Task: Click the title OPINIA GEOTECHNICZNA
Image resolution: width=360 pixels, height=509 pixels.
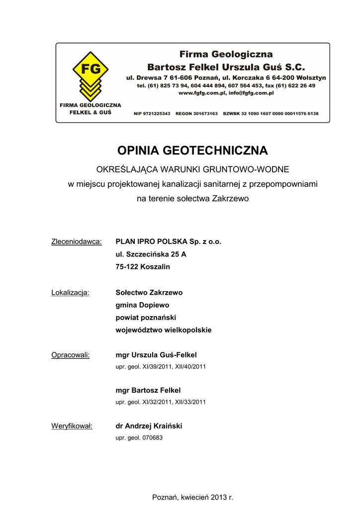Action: (192, 150)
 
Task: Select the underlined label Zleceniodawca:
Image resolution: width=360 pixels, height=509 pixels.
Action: (77, 242)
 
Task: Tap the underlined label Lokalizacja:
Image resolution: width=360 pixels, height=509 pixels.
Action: (71, 292)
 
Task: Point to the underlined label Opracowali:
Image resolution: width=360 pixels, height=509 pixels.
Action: (71, 355)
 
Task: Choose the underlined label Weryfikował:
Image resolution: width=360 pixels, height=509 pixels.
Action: (72, 426)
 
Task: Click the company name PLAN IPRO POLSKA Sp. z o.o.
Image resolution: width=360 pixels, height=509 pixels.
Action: (168, 242)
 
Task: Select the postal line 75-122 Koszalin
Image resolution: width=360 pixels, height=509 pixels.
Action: (143, 267)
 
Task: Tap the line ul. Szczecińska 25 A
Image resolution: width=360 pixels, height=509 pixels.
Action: (151, 254)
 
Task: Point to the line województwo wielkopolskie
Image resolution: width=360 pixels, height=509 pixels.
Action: (164, 330)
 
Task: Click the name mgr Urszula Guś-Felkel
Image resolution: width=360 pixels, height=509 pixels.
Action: (156, 355)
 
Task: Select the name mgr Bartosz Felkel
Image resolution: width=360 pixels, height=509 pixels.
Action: (148, 390)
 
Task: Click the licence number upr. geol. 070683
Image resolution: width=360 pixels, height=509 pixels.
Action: (139, 438)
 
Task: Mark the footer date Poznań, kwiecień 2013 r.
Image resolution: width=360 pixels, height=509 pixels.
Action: (192, 497)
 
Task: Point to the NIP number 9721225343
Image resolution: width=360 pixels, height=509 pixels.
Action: (152, 114)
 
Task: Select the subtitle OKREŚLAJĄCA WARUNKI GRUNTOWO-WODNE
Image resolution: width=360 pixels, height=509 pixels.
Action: (192, 170)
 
